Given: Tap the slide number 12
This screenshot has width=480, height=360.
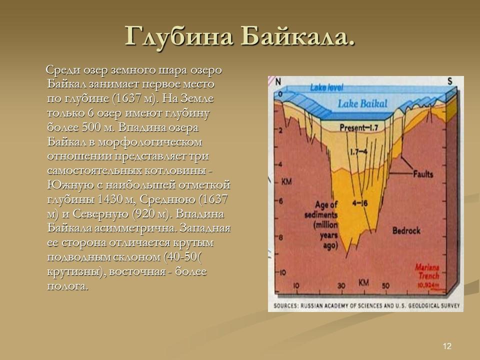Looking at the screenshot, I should click(447, 346).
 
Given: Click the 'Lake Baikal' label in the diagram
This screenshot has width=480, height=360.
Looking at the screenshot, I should click(363, 104).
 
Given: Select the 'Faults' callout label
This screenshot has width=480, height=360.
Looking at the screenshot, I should click(423, 174).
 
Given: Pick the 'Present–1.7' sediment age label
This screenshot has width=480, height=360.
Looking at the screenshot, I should click(358, 128).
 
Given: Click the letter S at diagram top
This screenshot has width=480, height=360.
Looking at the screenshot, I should click(450, 81).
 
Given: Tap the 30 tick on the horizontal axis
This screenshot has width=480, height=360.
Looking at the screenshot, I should click(341, 286).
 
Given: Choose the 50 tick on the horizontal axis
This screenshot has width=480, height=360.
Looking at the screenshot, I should click(385, 286).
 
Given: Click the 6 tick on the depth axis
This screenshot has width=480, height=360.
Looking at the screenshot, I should click(281, 201).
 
